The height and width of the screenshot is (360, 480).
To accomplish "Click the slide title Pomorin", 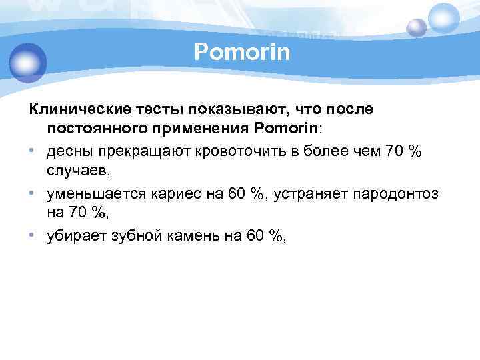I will pos(243,52).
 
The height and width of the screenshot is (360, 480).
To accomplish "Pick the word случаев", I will pos(76,171).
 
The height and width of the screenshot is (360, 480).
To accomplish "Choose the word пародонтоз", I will pos(397,194).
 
